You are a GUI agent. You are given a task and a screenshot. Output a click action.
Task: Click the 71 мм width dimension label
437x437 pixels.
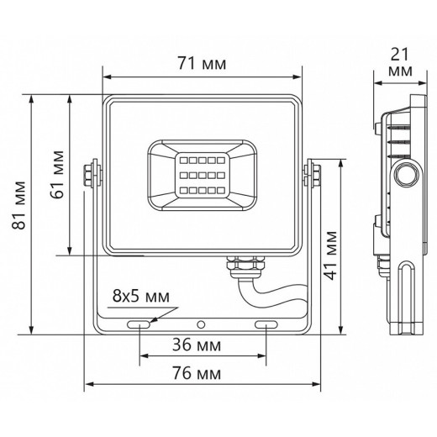pos(202,64)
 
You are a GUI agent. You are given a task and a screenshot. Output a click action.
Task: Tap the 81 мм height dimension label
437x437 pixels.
pos(19,206)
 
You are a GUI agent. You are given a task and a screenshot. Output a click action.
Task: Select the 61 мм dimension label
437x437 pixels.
pos(57,175)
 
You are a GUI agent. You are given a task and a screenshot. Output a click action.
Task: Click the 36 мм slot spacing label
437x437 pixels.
pos(197,345)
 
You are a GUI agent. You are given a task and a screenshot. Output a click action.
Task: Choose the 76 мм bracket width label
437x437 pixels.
pos(197,373)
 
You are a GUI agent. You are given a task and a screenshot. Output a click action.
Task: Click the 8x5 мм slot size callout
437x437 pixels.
pos(141,296)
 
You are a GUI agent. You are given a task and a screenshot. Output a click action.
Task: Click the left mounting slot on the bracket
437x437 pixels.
pos(139,324)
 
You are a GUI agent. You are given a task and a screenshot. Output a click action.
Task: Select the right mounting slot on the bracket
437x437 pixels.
pos(266,324)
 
